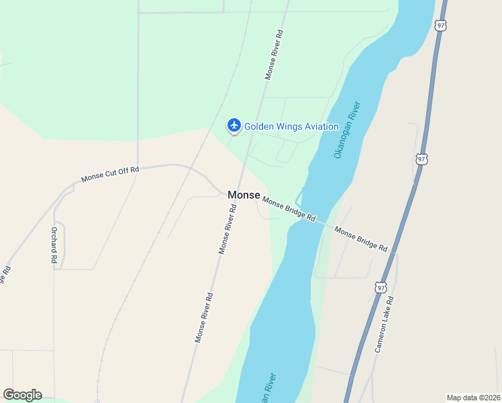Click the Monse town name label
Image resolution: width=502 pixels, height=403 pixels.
pyautogui.click(x=244, y=195)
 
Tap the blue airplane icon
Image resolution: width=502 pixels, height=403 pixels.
pyautogui.click(x=234, y=125)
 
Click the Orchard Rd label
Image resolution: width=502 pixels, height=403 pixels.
pyautogui.click(x=54, y=244)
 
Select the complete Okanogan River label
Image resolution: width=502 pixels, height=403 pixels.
pyautogui.click(x=347, y=130)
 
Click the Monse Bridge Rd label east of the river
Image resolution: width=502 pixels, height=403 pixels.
pyautogui.click(x=361, y=239)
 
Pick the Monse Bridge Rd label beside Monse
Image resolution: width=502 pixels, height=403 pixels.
pyautogui.click(x=289, y=208)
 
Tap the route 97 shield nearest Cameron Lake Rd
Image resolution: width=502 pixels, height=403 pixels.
pyautogui.click(x=381, y=287)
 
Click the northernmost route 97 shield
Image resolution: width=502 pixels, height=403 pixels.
pyautogui.click(x=440, y=25)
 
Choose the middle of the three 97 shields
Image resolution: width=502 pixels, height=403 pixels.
pyautogui.click(x=421, y=159)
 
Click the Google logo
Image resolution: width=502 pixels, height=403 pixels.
pyautogui.click(x=22, y=395)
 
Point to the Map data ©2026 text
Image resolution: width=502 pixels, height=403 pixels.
pyautogui.click(x=472, y=397)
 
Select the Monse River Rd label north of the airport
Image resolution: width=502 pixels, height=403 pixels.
pyautogui.click(x=274, y=54)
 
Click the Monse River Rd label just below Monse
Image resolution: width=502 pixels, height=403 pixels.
pyautogui.click(x=228, y=229)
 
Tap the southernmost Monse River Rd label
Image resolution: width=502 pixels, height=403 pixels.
pyautogui.click(x=204, y=318)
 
